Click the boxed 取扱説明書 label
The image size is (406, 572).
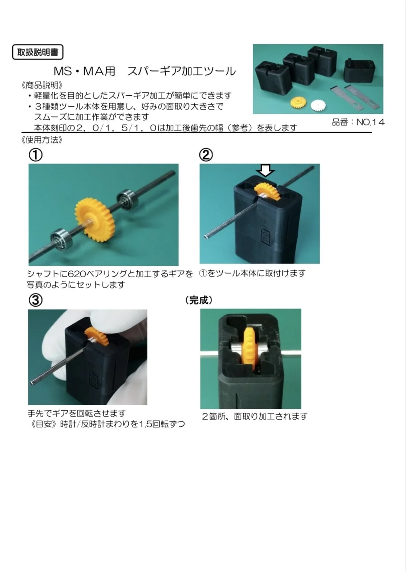point(38,52)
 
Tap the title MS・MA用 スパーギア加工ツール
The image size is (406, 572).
point(145,71)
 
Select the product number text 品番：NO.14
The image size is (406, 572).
point(358,122)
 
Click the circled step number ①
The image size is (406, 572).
point(36,155)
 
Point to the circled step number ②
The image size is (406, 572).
point(206,155)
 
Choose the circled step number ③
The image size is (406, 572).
point(36,300)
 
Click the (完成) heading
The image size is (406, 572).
point(199,300)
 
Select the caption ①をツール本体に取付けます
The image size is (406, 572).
point(252,273)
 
